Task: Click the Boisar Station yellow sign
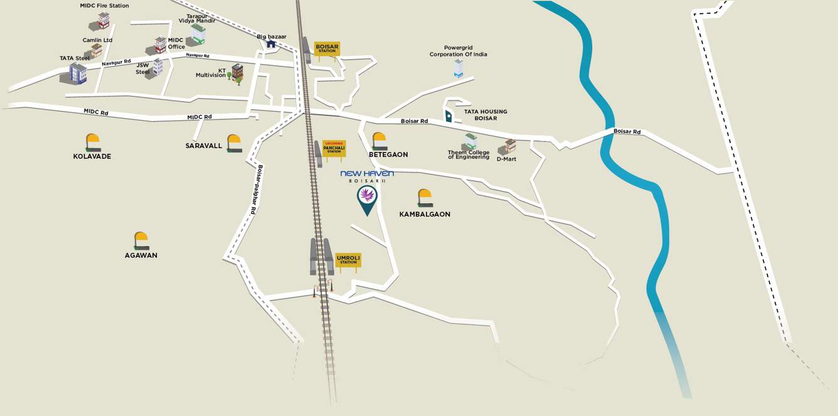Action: (x=326, y=48)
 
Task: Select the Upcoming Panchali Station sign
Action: (x=334, y=149)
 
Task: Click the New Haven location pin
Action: (x=367, y=199)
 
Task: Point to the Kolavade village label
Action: (x=92, y=156)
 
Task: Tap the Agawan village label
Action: (x=141, y=255)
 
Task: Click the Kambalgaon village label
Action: (x=425, y=214)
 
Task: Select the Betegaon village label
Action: (x=388, y=154)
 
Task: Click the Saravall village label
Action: (x=204, y=146)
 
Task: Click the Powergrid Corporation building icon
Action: (x=459, y=68)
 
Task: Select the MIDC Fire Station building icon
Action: (x=100, y=21)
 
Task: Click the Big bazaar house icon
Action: (x=271, y=44)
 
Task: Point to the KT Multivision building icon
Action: (x=236, y=73)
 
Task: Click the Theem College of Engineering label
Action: (x=469, y=154)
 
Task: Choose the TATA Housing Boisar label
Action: (x=485, y=115)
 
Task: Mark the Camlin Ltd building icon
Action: (x=95, y=51)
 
